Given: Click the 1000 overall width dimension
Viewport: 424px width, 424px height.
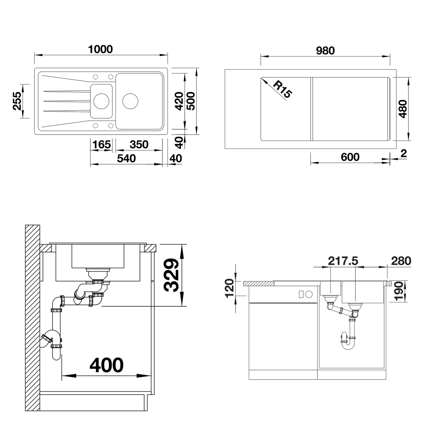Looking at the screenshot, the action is coord(100,49).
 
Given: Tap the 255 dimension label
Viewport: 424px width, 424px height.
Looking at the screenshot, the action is coord(17,101).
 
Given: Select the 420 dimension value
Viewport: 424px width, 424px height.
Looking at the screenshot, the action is coord(179,101).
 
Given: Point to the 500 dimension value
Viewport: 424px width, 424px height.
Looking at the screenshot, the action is coord(190,101).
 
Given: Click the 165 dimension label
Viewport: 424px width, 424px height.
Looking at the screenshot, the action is coord(101,145).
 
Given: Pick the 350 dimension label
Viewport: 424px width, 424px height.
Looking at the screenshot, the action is coord(139,145).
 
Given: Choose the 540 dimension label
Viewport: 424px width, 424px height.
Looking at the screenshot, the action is coord(126,158).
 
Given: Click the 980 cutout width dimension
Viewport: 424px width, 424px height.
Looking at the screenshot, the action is coord(325,51).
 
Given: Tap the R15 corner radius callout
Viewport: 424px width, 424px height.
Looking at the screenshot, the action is coord(283,89).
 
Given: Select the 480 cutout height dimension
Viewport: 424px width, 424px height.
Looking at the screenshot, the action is coord(403,109).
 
